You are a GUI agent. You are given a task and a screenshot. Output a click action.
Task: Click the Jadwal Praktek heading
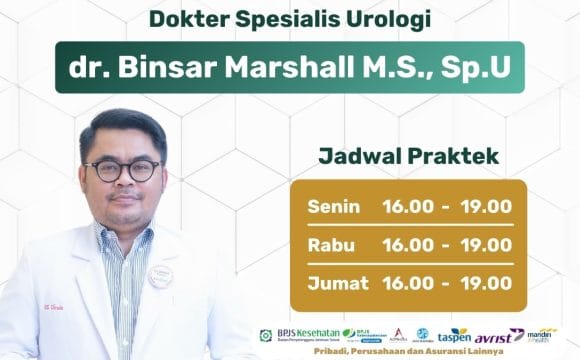408,157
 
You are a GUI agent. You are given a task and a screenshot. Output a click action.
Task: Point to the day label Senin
334,207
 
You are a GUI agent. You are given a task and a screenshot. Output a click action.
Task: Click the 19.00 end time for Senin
486,207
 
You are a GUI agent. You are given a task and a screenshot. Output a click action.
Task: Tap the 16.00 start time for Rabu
408,244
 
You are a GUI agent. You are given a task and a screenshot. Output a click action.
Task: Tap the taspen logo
454,335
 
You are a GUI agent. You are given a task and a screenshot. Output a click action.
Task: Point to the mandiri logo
540,334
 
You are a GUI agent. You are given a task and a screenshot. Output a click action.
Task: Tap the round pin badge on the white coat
160,275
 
